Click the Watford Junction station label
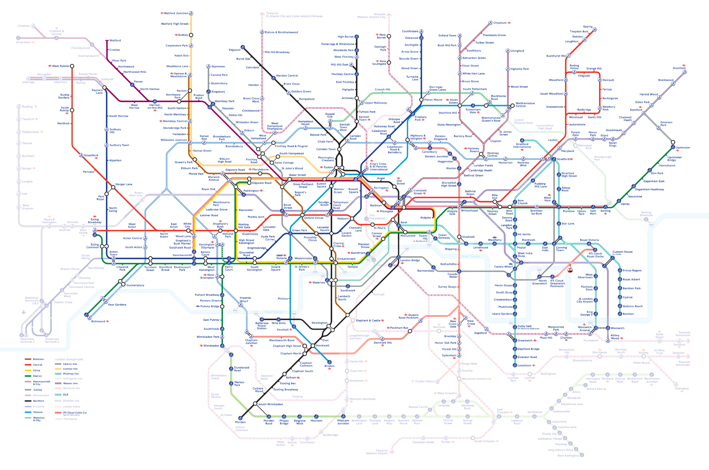coord(176,13)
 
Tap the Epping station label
coord(588,27)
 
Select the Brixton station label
coord(329,366)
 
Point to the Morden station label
coord(240,422)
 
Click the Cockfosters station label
coord(410,32)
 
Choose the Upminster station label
coord(683,148)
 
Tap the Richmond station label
coord(98,321)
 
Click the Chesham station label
coord(24,26)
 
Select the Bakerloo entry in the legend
coord(38,359)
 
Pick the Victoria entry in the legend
coord(38,412)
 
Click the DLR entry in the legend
coord(66,395)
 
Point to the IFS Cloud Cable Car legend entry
coord(75,413)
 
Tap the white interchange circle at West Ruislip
coord(72,66)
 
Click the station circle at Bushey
coord(191,35)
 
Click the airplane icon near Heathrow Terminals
coord(24,312)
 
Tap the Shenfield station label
coord(679,68)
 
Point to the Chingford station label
coord(517,51)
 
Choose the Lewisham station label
coord(524,365)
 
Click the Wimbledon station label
coord(211,346)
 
